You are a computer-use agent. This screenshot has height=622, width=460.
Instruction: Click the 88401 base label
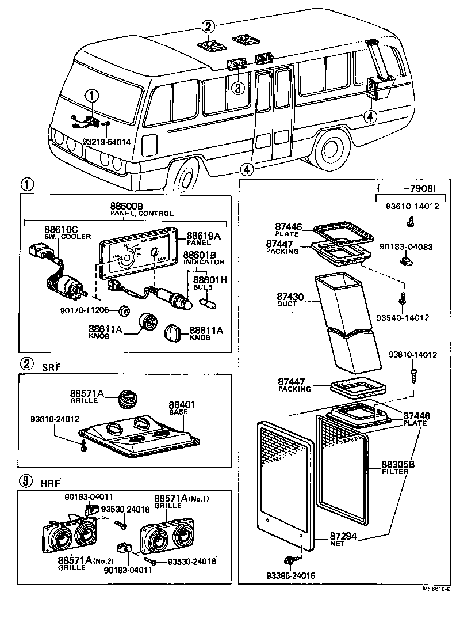click(182, 405)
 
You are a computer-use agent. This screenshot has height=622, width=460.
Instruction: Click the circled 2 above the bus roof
click(208, 26)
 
